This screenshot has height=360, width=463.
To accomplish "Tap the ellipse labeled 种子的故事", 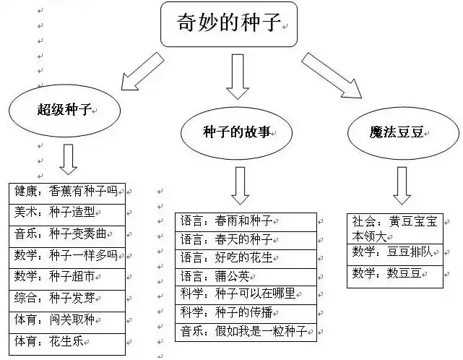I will click(238, 132).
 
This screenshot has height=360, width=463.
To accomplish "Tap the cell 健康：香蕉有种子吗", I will click(69, 192).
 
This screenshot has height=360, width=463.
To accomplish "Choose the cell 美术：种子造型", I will click(69, 213).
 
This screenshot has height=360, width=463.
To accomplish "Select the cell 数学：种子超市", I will click(69, 276).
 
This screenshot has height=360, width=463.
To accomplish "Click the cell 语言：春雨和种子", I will click(246, 220).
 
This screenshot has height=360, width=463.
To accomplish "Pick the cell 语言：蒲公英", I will click(246, 275).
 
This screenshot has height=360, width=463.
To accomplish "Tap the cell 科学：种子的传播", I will click(246, 312).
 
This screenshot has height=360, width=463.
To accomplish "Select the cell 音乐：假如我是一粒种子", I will click(246, 331).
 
